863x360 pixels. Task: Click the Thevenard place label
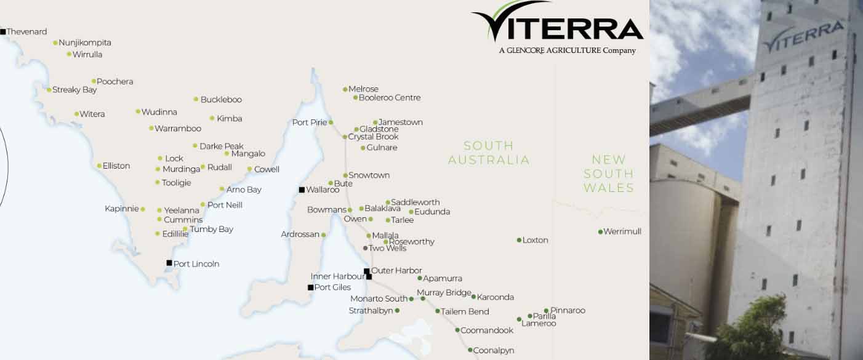[x=26, y=31]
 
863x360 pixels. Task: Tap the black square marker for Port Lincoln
[x=169, y=263]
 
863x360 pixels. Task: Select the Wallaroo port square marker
[x=302, y=190]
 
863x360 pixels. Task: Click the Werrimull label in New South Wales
[x=622, y=231]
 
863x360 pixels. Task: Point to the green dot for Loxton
[x=519, y=240]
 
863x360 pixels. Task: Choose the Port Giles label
[x=332, y=287]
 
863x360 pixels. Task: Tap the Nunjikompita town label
[x=85, y=42]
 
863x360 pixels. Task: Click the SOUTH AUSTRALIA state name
[x=489, y=153]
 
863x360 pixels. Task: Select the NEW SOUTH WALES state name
[x=609, y=174]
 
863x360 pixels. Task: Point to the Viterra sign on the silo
[x=803, y=36]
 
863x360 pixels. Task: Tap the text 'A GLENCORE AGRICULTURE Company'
[x=567, y=50]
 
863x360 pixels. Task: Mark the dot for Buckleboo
[x=196, y=99]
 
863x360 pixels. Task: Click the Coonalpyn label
[x=494, y=350]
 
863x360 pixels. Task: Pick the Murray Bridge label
[x=444, y=293]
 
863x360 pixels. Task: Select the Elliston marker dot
[x=99, y=166]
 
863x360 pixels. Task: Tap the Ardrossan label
[x=300, y=234]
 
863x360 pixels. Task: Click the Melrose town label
[x=363, y=89]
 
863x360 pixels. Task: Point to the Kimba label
[x=230, y=118]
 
